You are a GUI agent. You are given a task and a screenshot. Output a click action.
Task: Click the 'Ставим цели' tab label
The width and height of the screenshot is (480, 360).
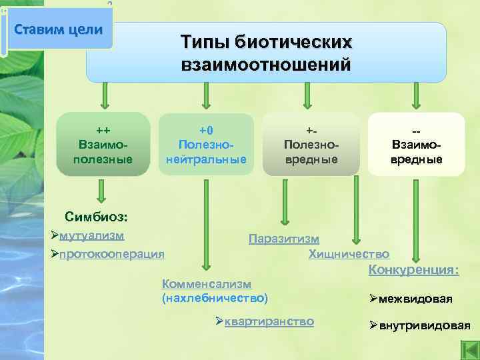click(x=59, y=30)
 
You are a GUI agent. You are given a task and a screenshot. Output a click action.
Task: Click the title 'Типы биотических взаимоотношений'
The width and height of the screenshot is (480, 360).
click(x=265, y=53)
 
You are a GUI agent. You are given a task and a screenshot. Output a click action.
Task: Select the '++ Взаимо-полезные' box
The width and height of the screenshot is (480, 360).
click(x=103, y=144)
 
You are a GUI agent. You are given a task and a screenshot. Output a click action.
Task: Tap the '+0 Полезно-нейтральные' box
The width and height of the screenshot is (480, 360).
click(x=206, y=144)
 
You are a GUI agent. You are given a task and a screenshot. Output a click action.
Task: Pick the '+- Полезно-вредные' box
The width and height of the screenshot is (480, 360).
click(x=311, y=144)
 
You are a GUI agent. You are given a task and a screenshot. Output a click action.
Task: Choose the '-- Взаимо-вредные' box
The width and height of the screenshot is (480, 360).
click(x=416, y=144)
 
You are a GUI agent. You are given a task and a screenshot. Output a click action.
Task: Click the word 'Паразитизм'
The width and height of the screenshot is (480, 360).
click(x=284, y=239)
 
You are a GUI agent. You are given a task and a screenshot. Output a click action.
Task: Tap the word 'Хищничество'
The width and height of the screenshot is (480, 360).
click(x=349, y=254)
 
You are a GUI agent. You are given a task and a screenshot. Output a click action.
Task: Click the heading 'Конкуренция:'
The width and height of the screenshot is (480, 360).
click(x=413, y=271)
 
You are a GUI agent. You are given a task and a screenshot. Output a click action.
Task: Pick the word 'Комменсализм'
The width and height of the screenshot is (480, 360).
click(x=207, y=283)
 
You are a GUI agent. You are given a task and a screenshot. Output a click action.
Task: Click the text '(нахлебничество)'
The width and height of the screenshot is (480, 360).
click(x=215, y=297)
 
